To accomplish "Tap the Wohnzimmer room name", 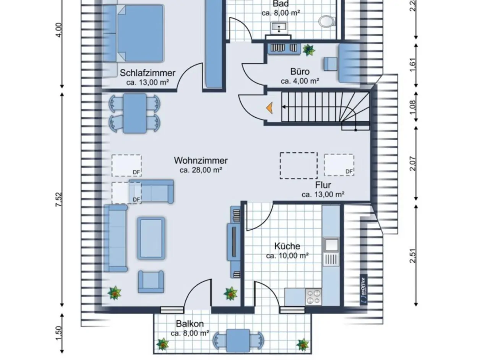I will coord(201,161).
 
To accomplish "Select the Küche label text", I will coord(287,246).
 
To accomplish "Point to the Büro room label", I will coord(300,71).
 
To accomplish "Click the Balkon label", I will coord(190,324).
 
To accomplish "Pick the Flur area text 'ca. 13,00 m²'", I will coord(323,195).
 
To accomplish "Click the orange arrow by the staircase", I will coord(270,108).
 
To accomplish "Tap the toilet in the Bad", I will coord(326,21).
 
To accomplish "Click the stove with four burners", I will coord(313,297).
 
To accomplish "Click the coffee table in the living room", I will coord(151,238).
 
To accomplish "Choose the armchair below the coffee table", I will coord(151,282).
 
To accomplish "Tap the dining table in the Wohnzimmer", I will coord(135,114).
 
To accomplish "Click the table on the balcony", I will coord(238,340).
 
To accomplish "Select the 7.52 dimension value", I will coord(58,200).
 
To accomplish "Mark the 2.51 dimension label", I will coord(412,255).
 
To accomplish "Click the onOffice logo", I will coord(363,285).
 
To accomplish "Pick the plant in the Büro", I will coord(308,50).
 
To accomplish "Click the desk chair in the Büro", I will coord(331,64).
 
